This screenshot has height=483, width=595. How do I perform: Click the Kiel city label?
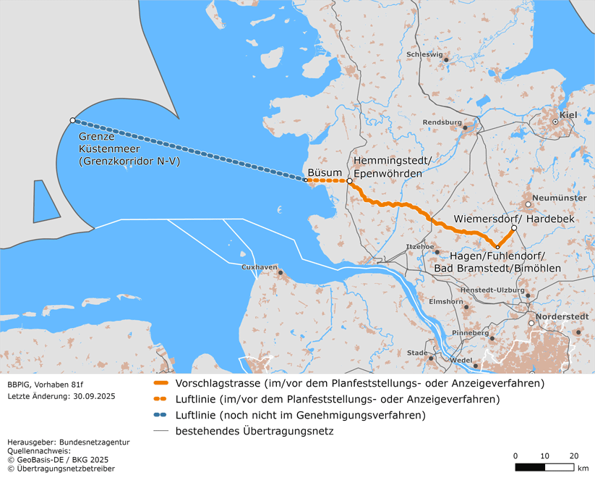(x=568, y=114)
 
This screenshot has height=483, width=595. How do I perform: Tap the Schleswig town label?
(x=424, y=54)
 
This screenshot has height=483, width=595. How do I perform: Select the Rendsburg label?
(x=442, y=122)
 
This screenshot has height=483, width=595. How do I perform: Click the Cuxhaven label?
(x=260, y=267)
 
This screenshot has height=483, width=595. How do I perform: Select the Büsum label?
(x=323, y=172)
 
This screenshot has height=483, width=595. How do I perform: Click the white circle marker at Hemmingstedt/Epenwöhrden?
(x=349, y=181)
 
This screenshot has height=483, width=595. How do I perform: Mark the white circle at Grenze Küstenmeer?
(x=72, y=120)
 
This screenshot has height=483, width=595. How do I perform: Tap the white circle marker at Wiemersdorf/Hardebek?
(x=514, y=229)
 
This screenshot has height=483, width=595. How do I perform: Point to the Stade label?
(x=417, y=353)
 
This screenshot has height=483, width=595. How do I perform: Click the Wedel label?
(x=461, y=360)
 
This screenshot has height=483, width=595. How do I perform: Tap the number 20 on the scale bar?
(x=573, y=455)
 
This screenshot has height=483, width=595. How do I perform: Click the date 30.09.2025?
(x=92, y=396)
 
